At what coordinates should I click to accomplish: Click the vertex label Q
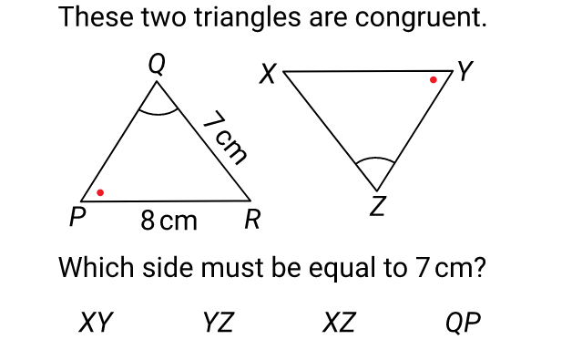click(x=157, y=65)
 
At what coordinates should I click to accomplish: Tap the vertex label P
click(x=77, y=217)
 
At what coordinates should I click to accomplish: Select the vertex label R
click(x=252, y=220)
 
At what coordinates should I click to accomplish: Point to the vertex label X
click(x=268, y=74)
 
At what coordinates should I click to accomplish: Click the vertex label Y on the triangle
click(x=465, y=71)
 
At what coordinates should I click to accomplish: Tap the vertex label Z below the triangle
click(x=378, y=206)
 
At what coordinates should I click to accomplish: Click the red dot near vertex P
click(x=100, y=192)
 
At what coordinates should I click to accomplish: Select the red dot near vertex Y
click(x=433, y=79)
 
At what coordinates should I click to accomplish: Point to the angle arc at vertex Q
click(x=158, y=114)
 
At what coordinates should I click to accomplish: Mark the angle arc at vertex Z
click(x=375, y=158)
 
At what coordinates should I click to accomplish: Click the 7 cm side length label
click(x=226, y=138)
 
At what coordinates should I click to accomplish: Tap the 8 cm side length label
click(x=169, y=221)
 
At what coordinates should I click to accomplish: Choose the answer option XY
click(x=96, y=322)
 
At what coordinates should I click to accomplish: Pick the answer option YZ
click(x=219, y=322)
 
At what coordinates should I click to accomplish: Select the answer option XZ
click(x=339, y=322)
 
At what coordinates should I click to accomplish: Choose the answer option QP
click(x=463, y=323)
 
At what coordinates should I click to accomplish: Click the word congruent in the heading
click(x=421, y=17)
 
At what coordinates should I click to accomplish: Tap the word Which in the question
click(x=96, y=267)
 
